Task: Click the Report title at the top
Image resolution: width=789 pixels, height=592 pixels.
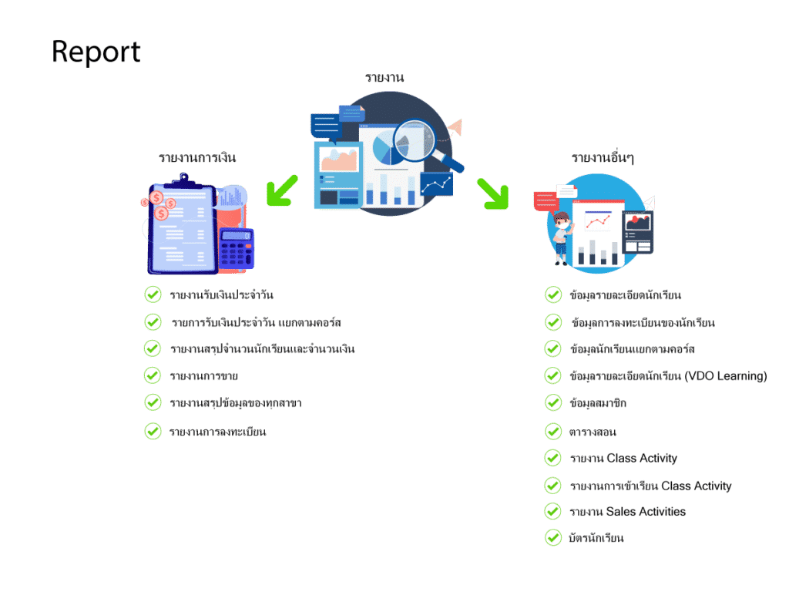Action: tap(96, 52)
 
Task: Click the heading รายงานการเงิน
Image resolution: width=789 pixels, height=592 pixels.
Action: tap(197, 157)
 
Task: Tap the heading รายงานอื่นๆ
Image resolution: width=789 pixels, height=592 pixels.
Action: tap(603, 157)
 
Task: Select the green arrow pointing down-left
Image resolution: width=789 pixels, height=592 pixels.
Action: tap(282, 191)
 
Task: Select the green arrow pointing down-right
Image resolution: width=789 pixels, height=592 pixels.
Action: tap(493, 193)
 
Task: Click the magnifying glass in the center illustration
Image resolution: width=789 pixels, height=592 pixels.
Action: tap(423, 143)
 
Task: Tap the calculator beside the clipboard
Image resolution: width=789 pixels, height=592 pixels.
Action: tap(237, 249)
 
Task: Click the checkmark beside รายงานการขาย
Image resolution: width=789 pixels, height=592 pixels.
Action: tap(153, 375)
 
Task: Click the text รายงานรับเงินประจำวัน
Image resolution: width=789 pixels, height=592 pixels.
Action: tap(221, 295)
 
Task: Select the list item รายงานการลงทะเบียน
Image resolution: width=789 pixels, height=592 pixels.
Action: tap(217, 432)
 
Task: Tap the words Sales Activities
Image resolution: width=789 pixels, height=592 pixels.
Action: tap(646, 512)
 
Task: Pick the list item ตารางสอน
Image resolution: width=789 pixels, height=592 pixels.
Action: tap(593, 432)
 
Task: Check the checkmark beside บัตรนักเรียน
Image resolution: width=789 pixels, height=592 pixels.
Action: tap(553, 537)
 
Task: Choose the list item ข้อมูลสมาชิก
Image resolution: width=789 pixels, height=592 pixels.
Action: tap(598, 403)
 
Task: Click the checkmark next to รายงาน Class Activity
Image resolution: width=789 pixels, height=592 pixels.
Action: tap(553, 458)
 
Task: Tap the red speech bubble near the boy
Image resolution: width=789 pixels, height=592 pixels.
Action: tap(546, 200)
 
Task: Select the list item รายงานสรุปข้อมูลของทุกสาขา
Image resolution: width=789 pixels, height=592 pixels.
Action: tap(236, 403)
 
